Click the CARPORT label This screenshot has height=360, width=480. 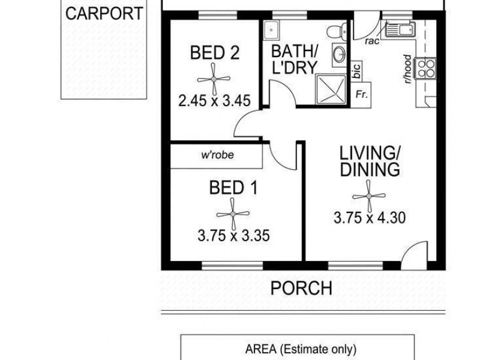104,14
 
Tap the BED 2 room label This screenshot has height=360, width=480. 215,53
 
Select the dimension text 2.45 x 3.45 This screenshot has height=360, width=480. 214,100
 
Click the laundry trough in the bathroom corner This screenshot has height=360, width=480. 271,29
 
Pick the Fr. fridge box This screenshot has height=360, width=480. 361,95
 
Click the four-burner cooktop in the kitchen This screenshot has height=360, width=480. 427,69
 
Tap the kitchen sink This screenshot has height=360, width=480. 400,28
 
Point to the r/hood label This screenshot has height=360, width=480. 407,70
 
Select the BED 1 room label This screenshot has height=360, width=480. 233,188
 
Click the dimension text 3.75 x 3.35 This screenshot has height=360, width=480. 233,236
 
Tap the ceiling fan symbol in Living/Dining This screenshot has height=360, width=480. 370,195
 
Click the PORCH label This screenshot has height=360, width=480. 301,288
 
